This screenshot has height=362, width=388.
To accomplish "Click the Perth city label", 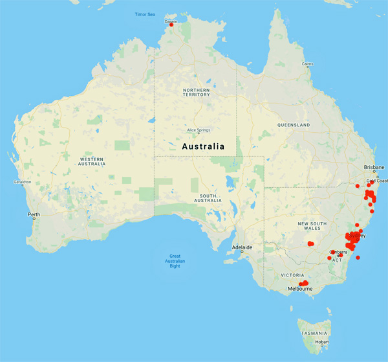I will (34, 214).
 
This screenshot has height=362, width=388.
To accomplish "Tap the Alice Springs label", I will (200, 130).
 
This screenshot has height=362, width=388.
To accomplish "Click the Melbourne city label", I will (301, 288).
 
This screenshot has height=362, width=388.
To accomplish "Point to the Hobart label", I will (323, 342).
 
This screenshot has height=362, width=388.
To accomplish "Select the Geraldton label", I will (22, 182).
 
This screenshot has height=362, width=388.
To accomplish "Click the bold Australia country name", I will (203, 146).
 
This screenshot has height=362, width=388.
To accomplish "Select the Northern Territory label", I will (196, 92).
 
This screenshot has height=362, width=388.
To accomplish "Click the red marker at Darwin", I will (171, 25).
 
